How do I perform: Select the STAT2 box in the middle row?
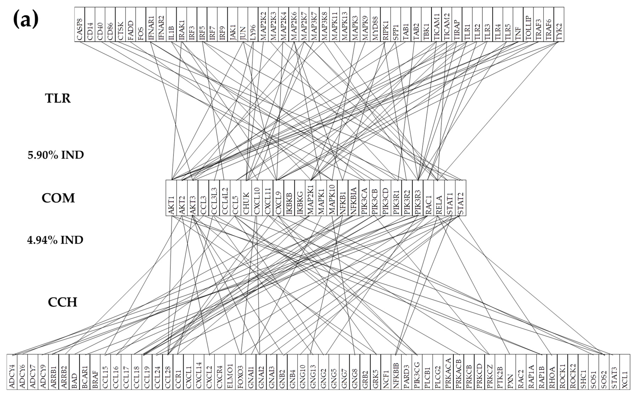point(461,198)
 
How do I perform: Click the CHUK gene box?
point(246,198)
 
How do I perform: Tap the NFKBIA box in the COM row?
point(353,198)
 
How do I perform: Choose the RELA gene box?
point(439,198)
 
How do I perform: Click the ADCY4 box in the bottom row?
point(12,372)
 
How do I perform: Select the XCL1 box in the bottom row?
point(625,372)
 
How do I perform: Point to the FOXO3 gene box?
point(240,372)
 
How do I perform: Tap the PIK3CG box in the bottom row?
point(417,372)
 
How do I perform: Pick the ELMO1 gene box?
point(230,372)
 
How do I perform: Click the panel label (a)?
point(26,20)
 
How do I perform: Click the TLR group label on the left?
point(58,98)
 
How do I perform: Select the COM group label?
point(58,198)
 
